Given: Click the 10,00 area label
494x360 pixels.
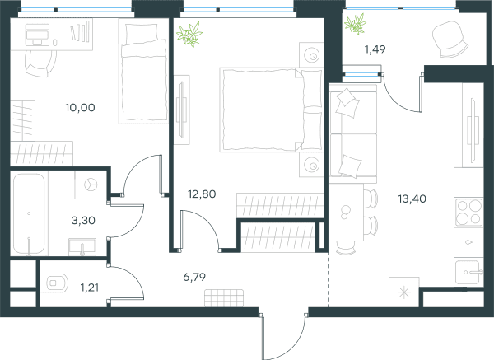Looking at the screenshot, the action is (80, 107).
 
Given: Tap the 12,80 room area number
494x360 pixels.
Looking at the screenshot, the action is (202, 194).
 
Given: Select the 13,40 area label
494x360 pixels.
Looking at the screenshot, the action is (412, 199).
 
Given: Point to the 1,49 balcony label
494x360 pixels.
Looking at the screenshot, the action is (375, 49).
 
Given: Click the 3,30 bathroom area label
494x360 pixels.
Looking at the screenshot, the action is (83, 220).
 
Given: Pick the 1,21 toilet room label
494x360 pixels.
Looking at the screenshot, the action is (90, 288).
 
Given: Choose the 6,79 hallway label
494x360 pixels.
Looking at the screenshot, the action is (194, 277).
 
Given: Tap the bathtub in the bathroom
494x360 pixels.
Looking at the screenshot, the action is (29, 213).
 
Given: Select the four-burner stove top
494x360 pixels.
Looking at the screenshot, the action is (468, 213).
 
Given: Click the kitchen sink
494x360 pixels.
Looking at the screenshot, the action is (468, 272).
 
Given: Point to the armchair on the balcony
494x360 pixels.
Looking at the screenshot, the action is (450, 39).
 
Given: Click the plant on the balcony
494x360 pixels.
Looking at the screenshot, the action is (355, 24).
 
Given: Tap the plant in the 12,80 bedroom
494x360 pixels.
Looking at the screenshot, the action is (189, 34).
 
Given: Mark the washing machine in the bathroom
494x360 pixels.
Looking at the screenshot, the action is (91, 185).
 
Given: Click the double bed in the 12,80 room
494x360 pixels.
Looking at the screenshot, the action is (271, 110).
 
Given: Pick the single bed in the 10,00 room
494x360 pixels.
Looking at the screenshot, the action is (143, 71).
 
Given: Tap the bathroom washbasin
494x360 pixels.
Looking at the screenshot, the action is (82, 247).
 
